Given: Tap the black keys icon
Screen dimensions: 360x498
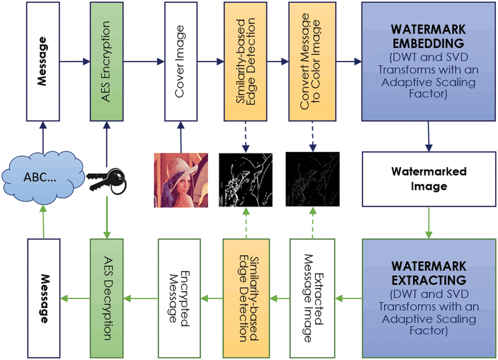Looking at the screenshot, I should click(x=106, y=181).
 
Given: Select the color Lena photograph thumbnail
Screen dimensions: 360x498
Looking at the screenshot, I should click(x=181, y=180).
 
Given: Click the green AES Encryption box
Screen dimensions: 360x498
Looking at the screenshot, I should click(x=107, y=61).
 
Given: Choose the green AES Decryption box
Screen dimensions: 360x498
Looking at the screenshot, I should click(x=107, y=298).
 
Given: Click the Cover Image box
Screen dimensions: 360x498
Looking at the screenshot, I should click(x=181, y=61).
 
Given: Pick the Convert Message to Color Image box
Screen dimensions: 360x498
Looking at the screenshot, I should click(x=312, y=61).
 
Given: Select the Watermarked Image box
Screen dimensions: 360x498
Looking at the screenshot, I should click(x=428, y=179).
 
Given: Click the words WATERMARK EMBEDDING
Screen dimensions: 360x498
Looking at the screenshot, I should click(x=428, y=37).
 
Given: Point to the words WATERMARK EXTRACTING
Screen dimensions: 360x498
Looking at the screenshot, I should click(x=428, y=272).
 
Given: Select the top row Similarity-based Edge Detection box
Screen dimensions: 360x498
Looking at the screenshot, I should click(x=245, y=61).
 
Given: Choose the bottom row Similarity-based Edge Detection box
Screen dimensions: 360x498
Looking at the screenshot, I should click(x=246, y=298).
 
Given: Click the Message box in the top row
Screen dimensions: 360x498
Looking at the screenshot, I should click(x=43, y=61).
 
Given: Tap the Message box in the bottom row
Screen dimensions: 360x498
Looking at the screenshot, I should click(x=43, y=298).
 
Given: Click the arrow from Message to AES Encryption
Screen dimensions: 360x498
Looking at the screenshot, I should click(x=75, y=61).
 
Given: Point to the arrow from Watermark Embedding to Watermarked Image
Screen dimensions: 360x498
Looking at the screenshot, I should click(x=428, y=136).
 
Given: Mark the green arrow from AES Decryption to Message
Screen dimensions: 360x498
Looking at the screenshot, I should click(x=75, y=298).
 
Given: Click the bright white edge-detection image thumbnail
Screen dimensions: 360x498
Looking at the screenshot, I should click(x=246, y=180).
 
